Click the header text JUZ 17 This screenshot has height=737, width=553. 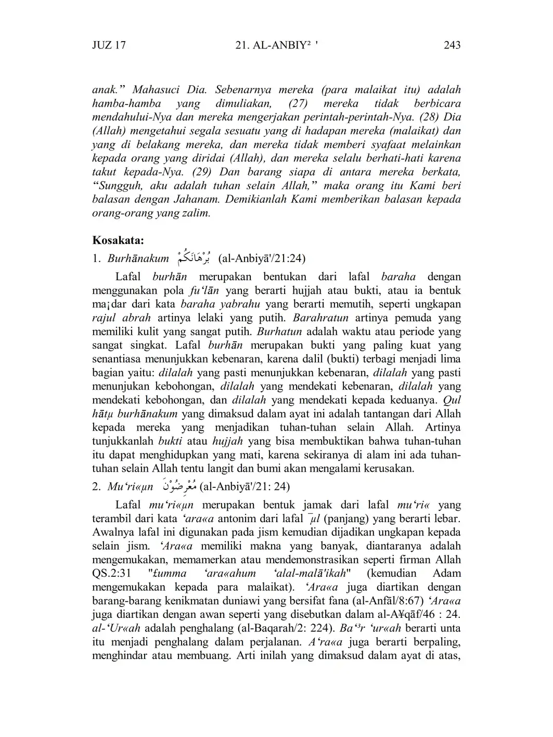[109, 45]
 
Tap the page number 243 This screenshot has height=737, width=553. [452, 45]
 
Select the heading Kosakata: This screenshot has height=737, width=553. [118, 240]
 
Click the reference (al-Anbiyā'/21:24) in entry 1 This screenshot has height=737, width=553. [262, 258]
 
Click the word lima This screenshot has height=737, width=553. [451, 359]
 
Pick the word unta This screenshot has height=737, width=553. [450, 628]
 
